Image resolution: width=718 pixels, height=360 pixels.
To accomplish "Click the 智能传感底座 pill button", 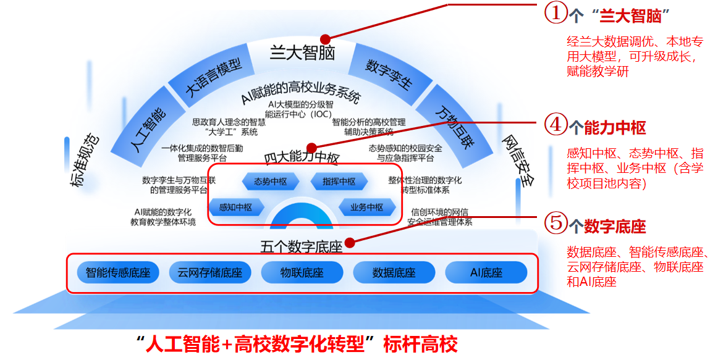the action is pos(118,273).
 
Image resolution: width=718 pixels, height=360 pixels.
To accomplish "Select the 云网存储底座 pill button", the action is pos(210,273).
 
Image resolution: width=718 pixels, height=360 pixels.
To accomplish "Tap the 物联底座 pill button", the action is pos(302,273).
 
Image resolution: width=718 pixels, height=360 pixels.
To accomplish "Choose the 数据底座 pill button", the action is pos(394,273).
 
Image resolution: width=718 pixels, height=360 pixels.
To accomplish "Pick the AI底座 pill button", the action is pos(486,273).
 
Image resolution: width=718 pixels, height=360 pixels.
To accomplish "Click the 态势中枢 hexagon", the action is pos(271,182).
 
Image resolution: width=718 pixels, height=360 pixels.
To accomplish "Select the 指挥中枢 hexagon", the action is pos(339,182).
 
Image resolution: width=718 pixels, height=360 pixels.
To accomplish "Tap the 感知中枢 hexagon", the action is pos(236,207).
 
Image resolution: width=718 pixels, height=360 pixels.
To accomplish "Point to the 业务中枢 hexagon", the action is pos(367,207).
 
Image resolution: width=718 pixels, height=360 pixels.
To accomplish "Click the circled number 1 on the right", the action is pos(556,12).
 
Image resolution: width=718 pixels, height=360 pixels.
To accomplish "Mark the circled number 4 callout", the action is pos(556,124).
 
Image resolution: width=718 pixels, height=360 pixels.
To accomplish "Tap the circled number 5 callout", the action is pos(556,223).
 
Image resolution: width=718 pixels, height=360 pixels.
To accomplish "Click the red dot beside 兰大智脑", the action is pos(325,39).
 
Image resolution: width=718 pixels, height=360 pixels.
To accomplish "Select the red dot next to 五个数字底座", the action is pos(350,243).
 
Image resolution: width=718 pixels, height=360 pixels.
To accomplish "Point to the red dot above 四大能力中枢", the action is pos(312,148).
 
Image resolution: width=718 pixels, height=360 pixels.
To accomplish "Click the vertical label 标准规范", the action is pos(84,160).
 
